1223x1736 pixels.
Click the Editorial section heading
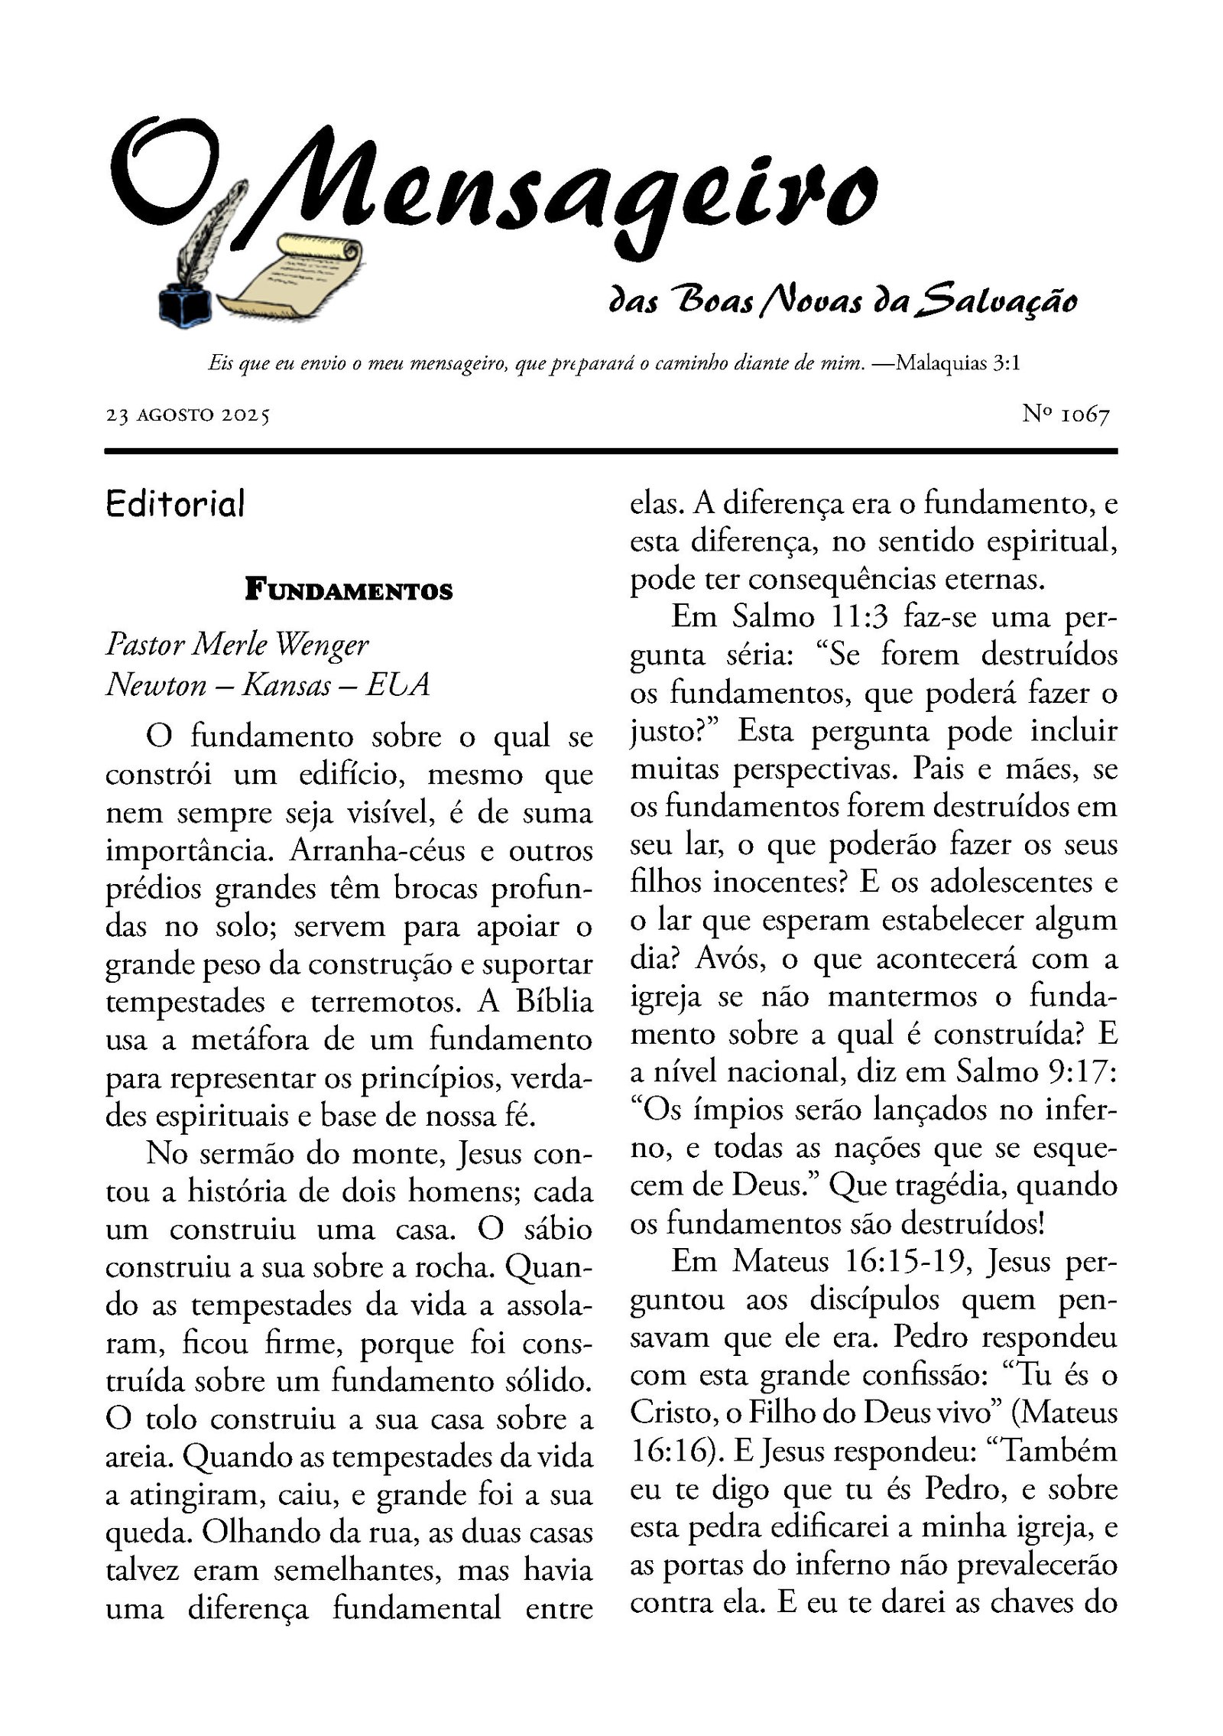click(176, 503)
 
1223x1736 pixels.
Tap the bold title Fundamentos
click(349, 591)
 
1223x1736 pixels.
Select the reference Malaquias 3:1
click(958, 362)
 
